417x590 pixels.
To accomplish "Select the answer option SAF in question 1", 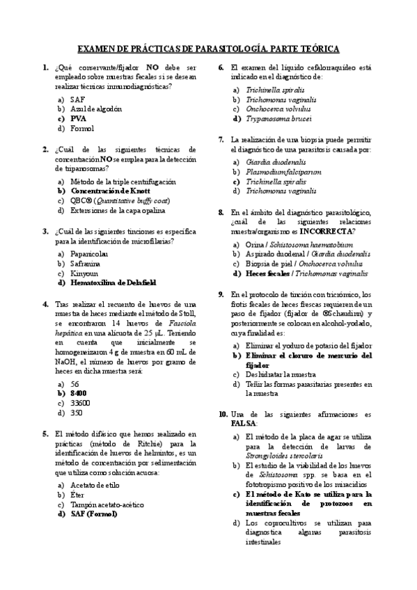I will pos(77,99).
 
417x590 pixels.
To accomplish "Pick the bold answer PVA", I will pos(78,118).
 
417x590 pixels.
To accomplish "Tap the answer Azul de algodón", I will pos(96,109).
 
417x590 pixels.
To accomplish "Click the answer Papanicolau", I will pos(91,254).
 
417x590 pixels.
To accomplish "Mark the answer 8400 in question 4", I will pos(78,393).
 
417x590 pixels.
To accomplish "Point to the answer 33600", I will pos(81,403).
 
